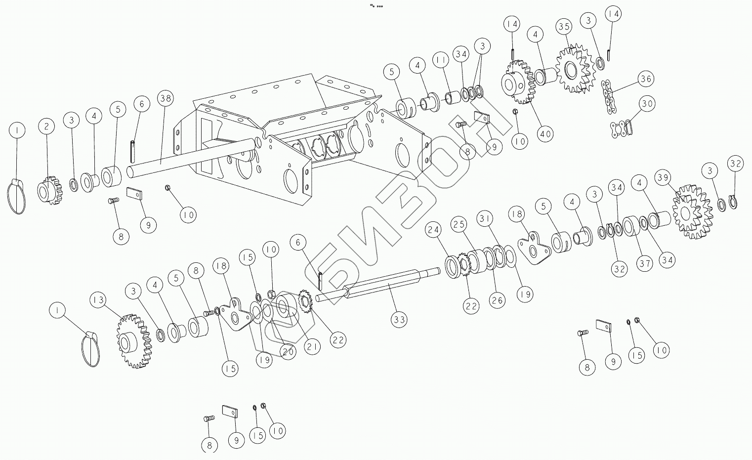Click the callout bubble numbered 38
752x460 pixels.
(x=166, y=98)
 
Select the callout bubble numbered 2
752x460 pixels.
(x=47, y=126)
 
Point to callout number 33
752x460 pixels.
(x=399, y=320)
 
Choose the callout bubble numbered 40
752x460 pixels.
(x=545, y=133)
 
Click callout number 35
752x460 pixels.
(x=565, y=27)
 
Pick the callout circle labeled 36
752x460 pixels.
(x=645, y=79)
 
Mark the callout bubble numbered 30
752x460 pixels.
(x=647, y=104)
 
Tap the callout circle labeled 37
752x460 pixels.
(x=644, y=263)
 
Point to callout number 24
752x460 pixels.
(x=433, y=230)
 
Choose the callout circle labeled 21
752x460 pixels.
(x=312, y=347)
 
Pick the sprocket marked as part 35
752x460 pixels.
(x=574, y=69)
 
